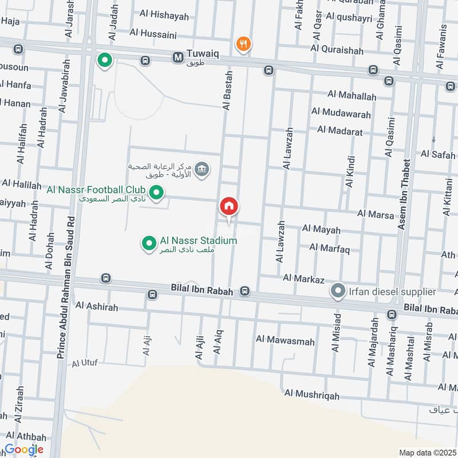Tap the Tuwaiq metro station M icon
coord(177,57)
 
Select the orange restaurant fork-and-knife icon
coord(243,44)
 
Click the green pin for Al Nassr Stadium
coord(149,244)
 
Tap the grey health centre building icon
coord(202,169)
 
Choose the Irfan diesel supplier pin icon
coord(338,291)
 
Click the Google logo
coord(23,449)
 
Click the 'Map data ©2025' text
coord(427,452)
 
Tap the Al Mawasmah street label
coord(286,342)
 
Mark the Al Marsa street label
coord(376,214)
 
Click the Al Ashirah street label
coord(96,307)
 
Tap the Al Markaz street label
coord(303,279)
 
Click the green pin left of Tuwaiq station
coord(104,60)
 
